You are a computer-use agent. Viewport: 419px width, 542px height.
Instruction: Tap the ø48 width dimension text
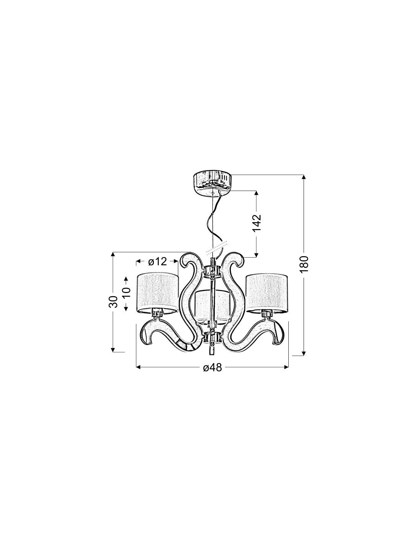(x=212, y=367)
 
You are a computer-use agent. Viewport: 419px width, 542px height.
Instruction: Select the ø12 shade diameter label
(x=157, y=261)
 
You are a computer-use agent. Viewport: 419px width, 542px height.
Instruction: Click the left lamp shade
(x=158, y=293)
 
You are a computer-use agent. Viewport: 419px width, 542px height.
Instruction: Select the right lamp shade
(x=267, y=293)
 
